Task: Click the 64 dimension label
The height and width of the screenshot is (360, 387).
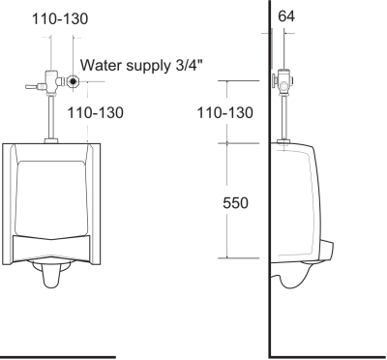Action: click(287, 15)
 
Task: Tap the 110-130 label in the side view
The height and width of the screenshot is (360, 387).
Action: click(224, 113)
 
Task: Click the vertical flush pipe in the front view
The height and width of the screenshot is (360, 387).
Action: click(47, 116)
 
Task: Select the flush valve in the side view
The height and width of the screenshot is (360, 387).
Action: click(285, 82)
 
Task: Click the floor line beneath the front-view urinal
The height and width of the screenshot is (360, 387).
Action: click(58, 356)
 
